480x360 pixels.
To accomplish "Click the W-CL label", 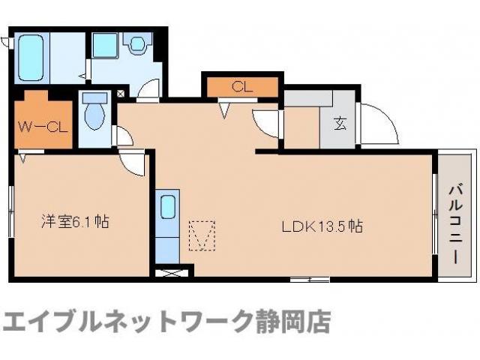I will click(43, 124).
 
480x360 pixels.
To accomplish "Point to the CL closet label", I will click(241, 86).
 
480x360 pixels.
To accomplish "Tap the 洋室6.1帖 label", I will click(74, 222).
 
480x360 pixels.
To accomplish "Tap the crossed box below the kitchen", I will click(168, 271).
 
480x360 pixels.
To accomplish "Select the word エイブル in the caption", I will click(41, 322).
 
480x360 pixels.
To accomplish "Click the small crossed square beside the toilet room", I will click(121, 94).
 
